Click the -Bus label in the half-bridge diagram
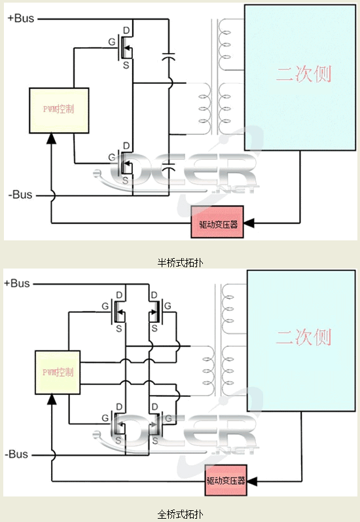(x=20, y=195)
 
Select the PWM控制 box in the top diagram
(x=58, y=108)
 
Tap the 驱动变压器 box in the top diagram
(x=217, y=223)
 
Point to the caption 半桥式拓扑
(x=180, y=263)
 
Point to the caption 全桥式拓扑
(x=180, y=513)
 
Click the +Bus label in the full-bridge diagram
(x=18, y=283)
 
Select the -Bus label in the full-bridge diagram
(x=18, y=453)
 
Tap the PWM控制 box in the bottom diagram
(x=58, y=372)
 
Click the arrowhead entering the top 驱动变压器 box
(x=249, y=223)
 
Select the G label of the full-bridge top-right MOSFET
(x=168, y=305)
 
